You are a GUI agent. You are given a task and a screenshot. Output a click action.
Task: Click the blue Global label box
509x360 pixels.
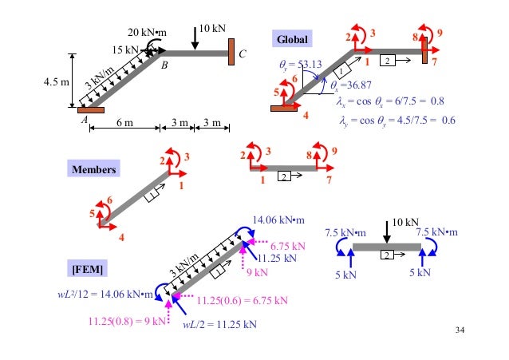pyautogui.click(x=294, y=39)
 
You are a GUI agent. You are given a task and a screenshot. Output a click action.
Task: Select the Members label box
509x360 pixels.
pyautogui.click(x=93, y=169)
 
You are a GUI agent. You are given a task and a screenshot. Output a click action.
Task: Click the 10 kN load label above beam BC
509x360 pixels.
pyautogui.click(x=212, y=29)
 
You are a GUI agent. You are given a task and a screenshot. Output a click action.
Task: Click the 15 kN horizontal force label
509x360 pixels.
pyautogui.click(x=125, y=49)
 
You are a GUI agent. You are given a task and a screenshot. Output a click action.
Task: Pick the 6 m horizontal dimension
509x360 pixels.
pyautogui.click(x=124, y=122)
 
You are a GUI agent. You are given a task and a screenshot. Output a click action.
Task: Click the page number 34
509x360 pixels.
pyautogui.click(x=457, y=329)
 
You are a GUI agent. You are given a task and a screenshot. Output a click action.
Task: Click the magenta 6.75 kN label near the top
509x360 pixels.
pyautogui.click(x=285, y=246)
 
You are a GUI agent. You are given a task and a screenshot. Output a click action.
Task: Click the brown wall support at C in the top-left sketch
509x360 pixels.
pyautogui.click(x=231, y=53)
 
